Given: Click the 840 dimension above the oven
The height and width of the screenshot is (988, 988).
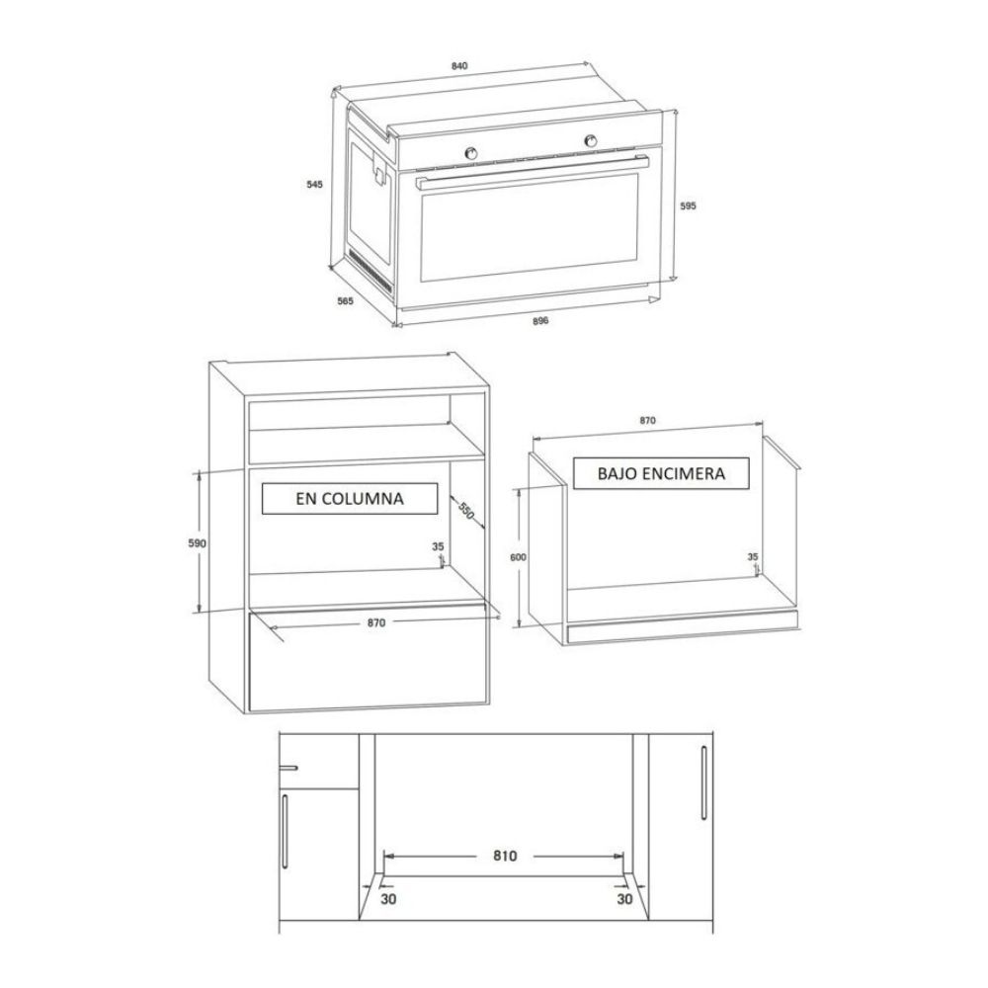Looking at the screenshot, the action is pos(459,66).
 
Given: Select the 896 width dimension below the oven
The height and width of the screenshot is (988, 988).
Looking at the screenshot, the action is pos(540,321).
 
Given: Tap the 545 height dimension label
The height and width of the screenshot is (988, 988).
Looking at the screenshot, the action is pos(314,185).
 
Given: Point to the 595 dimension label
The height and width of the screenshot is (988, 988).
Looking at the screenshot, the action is pos(688,206).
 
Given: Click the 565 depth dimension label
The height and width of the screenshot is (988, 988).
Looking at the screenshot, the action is pos(345,301).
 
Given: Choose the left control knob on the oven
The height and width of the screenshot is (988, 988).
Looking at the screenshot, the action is pos(470,152).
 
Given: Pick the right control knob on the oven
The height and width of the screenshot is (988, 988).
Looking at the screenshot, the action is pos(591,140).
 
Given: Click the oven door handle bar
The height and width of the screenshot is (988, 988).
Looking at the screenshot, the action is pos(533,171).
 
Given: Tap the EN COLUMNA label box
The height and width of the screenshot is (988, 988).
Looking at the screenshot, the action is pos(350,498).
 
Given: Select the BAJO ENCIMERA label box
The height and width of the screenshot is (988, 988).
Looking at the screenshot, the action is pos(661,473).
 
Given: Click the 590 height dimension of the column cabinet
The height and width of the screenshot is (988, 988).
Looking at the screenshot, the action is pos(198,543).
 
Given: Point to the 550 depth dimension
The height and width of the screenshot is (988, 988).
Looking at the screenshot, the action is pos(465,511).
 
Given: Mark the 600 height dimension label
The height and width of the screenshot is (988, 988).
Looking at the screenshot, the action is pos(518,557).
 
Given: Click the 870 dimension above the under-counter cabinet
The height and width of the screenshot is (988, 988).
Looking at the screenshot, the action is pos(648,421).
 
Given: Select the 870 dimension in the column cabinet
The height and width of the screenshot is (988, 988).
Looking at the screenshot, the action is pos(376,622).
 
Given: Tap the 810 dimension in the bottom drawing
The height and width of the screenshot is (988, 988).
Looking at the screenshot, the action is pos(505,856).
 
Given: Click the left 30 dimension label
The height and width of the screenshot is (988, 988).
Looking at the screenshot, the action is pos(388,899).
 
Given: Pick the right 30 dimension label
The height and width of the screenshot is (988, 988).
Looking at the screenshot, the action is pos(624,899).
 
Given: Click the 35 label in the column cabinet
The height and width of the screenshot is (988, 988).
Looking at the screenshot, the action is pos(438,547).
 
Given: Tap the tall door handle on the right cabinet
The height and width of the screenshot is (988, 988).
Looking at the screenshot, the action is pos(703,782).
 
